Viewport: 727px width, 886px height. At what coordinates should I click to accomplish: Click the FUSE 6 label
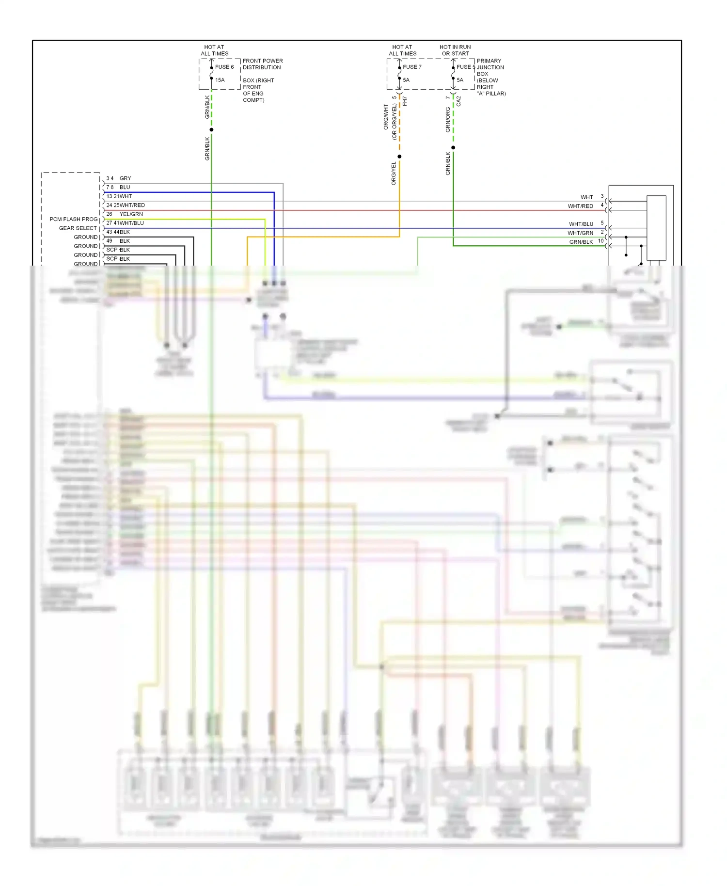224,67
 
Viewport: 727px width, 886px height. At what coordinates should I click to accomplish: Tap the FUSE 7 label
412,67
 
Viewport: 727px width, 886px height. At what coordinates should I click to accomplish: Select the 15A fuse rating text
220,80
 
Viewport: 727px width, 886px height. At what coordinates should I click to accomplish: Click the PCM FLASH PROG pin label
73,219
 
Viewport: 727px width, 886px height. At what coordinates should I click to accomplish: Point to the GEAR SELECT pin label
78,228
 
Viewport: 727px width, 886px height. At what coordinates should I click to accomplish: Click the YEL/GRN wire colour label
131,214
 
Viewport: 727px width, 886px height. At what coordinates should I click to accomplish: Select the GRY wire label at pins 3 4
125,178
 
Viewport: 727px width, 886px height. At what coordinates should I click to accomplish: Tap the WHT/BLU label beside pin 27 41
132,223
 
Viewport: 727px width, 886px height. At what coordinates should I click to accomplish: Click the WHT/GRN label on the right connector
580,233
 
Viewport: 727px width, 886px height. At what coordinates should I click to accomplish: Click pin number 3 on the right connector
602,196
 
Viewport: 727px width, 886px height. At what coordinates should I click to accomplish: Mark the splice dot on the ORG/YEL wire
399,157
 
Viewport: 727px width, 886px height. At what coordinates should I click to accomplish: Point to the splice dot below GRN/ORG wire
453,147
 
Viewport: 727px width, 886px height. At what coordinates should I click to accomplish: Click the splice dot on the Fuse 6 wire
211,129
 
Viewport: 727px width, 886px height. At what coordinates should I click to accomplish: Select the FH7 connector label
405,101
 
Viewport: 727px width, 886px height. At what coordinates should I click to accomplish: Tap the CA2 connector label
458,101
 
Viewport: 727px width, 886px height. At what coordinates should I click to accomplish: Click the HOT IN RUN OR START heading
455,50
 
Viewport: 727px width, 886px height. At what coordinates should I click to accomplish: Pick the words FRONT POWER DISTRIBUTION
262,64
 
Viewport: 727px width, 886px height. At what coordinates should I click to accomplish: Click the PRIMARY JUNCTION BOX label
490,67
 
